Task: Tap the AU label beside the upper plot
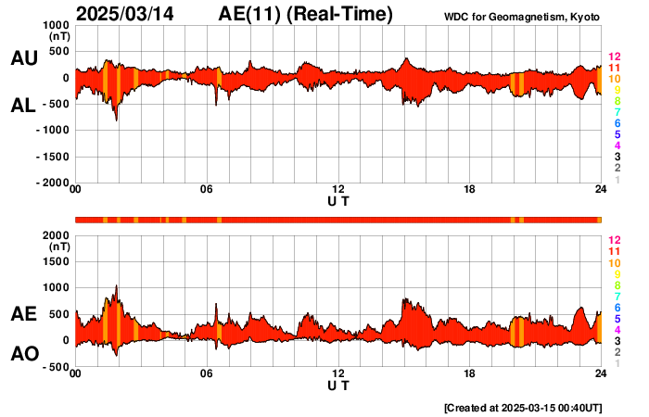[x=23, y=58]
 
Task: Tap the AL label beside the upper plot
[x=23, y=106]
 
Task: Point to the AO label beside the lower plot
[x=23, y=354]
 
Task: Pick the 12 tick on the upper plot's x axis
[x=338, y=191]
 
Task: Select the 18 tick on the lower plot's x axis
[x=470, y=374]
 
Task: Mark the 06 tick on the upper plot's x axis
[x=207, y=191]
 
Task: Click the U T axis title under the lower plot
[x=338, y=385]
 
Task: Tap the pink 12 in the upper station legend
[x=614, y=57]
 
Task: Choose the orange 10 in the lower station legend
[x=614, y=263]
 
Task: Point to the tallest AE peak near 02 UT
[x=116, y=286]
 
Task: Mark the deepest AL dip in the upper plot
[x=116, y=120]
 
